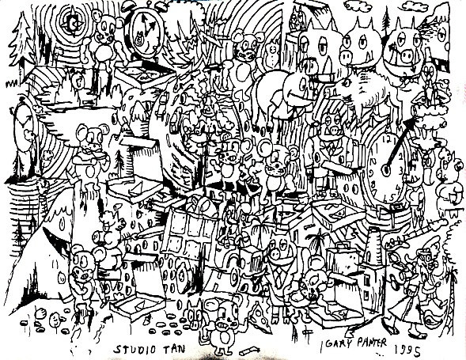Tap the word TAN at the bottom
(x=172, y=349)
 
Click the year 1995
(x=407, y=351)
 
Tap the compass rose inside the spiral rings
(x=72, y=21)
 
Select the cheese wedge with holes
(x=260, y=316)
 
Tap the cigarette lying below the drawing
(x=248, y=351)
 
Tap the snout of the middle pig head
(x=346, y=55)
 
